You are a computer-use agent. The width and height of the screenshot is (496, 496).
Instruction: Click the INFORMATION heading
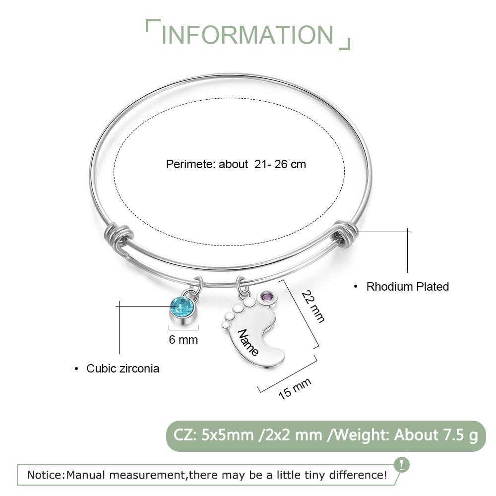[248, 35]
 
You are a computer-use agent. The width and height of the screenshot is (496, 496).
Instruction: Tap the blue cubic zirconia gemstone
[182, 307]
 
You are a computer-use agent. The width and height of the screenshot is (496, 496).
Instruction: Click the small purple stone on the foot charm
[267, 297]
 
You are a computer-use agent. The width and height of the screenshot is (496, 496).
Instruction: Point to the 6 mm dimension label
[183, 340]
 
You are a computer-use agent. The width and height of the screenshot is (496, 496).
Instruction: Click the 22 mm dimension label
[313, 307]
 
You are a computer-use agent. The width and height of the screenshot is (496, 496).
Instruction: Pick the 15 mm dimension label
[295, 388]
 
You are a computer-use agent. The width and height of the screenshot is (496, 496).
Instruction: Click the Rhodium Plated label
[407, 287]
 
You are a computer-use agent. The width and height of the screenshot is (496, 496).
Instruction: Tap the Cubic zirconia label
[123, 369]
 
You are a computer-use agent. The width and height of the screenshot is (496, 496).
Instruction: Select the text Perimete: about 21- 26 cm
[236, 164]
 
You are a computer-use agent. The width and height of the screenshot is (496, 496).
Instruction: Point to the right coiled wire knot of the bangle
[344, 233]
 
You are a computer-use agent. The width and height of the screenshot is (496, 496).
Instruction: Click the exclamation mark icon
[402, 465]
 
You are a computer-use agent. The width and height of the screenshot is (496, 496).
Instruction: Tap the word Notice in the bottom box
[45, 475]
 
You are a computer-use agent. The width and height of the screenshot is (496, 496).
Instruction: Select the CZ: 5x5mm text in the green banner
[214, 435]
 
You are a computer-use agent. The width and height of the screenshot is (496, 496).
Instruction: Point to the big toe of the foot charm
[250, 302]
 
